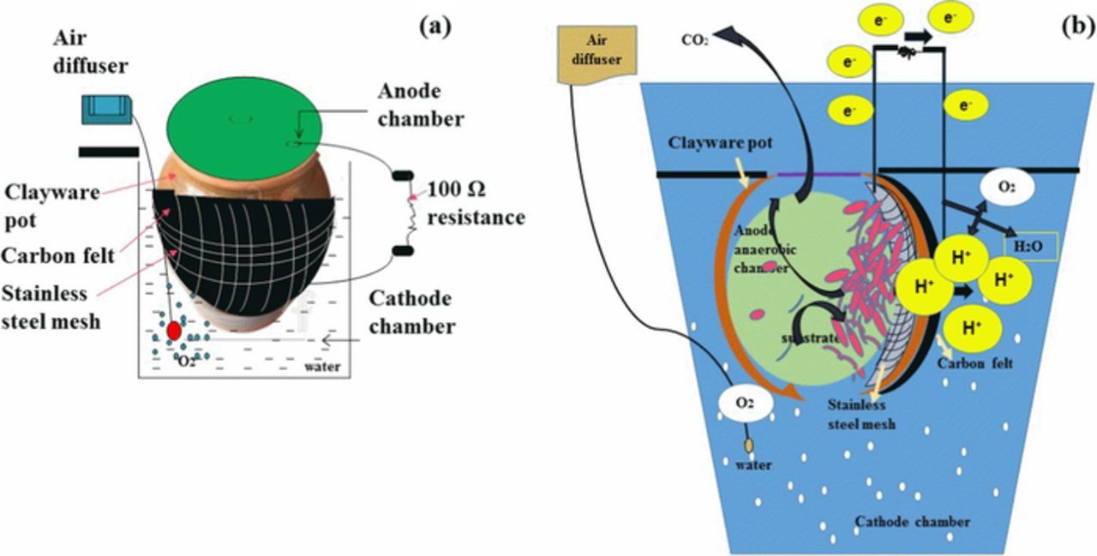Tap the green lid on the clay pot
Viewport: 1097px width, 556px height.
[x=243, y=125]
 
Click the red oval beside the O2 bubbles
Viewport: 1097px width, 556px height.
[x=174, y=330]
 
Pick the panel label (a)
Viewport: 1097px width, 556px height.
[x=435, y=26]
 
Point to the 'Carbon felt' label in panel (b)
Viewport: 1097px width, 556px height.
[x=974, y=363]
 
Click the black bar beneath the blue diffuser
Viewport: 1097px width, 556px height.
[x=108, y=152]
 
